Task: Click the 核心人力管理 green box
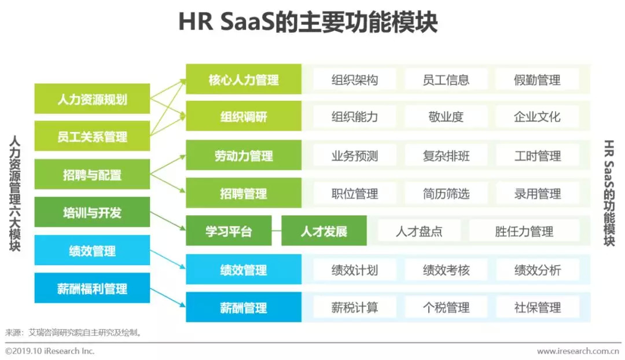[244, 79]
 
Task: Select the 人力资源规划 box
[92, 99]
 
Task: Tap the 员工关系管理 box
[92, 137]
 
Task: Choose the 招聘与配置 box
[92, 174]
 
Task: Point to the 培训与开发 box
[92, 212]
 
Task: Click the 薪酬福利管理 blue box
[92, 288]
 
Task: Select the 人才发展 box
[324, 232]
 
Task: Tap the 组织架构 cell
[355, 79]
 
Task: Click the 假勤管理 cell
[537, 79]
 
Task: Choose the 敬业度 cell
[446, 116]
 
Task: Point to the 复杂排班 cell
[446, 156]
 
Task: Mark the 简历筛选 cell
[446, 193]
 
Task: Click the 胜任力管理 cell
[524, 232]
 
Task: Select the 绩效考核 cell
[446, 270]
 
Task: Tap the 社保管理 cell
[537, 307]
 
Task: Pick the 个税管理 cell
[446, 307]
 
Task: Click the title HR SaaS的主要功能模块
[307, 23]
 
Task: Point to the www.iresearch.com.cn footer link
[578, 351]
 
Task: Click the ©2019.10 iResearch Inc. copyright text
[50, 351]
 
